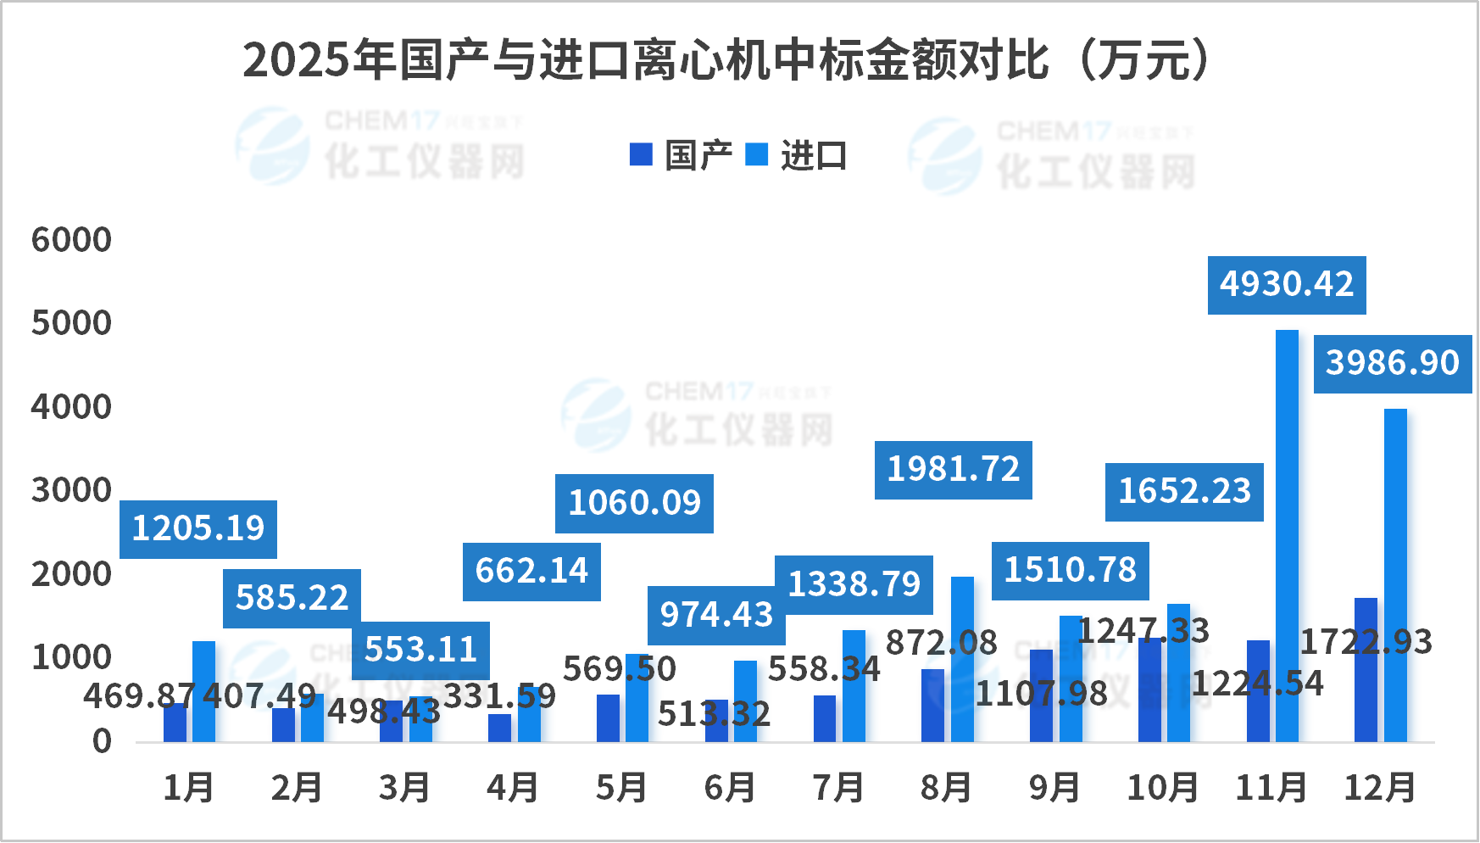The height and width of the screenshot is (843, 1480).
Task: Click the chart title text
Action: [727, 60]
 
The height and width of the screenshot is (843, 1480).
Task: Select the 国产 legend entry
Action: [682, 155]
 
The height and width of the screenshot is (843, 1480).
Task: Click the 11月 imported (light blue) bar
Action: [1287, 534]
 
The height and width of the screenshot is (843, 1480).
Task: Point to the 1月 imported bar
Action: [203, 691]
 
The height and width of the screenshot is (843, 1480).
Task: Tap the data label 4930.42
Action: [1287, 285]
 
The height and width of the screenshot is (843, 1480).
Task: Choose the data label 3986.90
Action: [1393, 364]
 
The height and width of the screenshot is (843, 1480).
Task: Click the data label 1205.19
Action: [198, 529]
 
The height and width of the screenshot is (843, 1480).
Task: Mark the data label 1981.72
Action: [954, 470]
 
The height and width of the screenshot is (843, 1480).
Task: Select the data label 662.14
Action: [531, 572]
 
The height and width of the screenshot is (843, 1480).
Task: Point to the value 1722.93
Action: [1366, 642]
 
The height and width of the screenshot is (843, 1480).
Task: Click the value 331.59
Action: [500, 697]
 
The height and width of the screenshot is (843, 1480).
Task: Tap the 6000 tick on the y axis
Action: [72, 241]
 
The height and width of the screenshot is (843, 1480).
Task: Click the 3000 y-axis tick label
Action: [72, 491]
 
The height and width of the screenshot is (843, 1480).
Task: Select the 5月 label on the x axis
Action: [621, 788]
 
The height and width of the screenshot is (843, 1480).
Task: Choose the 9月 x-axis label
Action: [1054, 788]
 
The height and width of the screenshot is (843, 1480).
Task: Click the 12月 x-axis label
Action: [1380, 788]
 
